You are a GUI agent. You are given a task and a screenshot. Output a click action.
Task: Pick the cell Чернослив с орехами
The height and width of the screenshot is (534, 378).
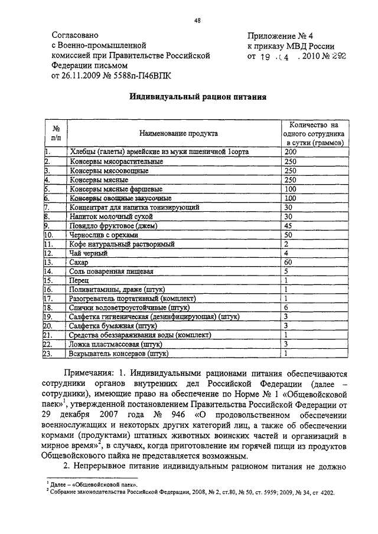point(99,235)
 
